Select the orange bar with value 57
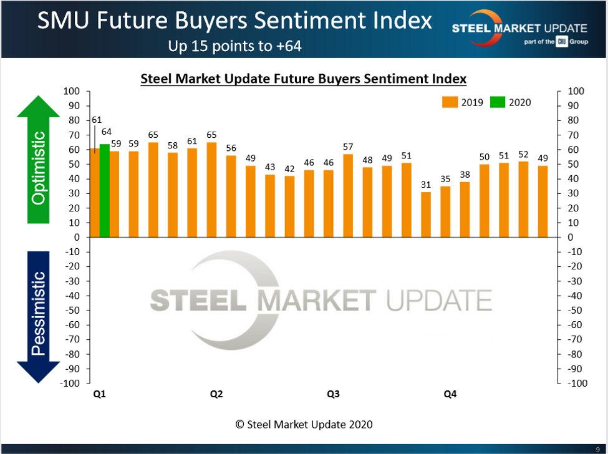(348, 196)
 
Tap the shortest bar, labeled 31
(426, 215)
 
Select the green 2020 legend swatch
(498, 102)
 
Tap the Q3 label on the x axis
(333, 394)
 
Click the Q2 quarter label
(216, 394)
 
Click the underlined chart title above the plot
(304, 79)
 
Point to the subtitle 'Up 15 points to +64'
(234, 46)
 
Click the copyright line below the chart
(304, 424)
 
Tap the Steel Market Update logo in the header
(519, 29)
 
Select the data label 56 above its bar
(231, 148)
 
